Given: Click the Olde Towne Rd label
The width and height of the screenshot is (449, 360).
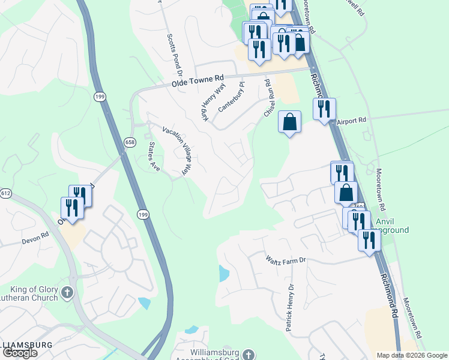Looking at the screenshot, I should coord(197,79).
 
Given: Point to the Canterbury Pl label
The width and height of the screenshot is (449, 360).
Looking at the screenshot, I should coord(233,97).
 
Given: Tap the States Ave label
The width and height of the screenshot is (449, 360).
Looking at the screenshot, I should coord(154,157).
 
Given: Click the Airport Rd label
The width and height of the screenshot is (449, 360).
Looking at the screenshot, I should coord(351,121).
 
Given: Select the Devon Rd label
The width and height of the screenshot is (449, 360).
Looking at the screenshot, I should coord(36,237).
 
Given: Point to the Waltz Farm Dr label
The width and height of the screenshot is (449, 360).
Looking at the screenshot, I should coord(286,260).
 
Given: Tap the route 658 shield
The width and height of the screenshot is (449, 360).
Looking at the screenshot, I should coord(130,142).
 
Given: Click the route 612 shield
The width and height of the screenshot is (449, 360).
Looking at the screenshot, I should coord(6,193).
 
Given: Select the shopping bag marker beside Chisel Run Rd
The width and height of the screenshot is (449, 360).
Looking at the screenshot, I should coord(289,122).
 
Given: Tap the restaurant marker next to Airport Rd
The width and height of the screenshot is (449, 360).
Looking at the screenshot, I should coord(324,109).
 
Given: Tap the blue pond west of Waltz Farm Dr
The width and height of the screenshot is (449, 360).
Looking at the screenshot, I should coord(223,274).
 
